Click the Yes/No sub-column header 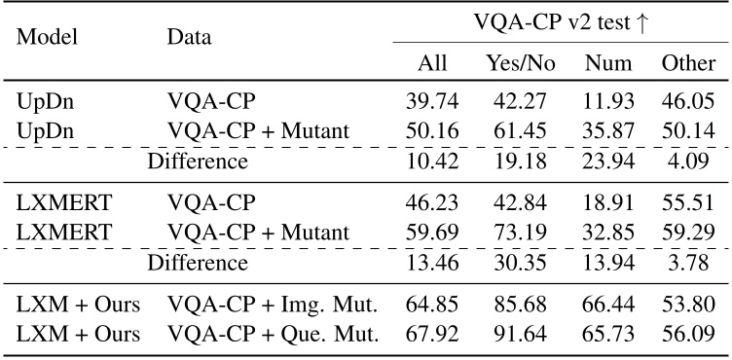pos(520,64)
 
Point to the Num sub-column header pos(608,64)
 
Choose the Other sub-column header pos(688,64)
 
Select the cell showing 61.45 pos(520,132)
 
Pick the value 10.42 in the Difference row pos(431,162)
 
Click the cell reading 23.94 pos(608,162)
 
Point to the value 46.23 pos(431,204)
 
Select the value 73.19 pos(520,233)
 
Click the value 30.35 pos(520,262)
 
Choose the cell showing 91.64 pos(520,333)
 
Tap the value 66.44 pos(608,305)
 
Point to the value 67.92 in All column pos(431,333)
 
